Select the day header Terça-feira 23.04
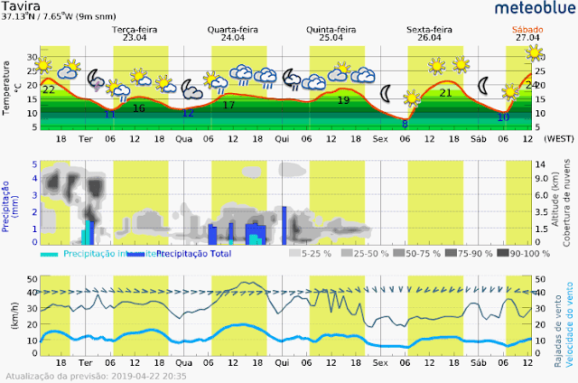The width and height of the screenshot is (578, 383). tap(135, 34)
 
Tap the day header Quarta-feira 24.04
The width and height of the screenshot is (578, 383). tap(233, 34)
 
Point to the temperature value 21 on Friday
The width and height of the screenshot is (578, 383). tap(445, 93)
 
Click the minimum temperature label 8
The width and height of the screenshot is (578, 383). tap(405, 124)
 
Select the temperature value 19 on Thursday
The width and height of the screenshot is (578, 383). tap(343, 100)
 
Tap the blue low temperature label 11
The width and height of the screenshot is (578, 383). tap(110, 115)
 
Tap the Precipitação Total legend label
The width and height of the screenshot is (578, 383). tap(197, 254)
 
